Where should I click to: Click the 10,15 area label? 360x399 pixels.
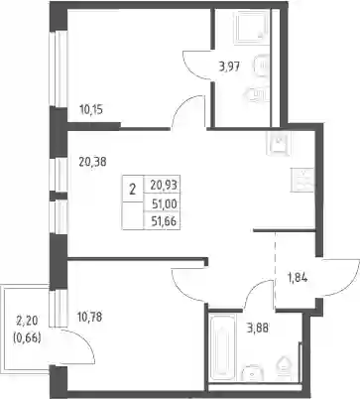91,109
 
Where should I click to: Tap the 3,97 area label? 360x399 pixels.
229,66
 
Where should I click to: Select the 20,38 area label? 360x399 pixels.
92,162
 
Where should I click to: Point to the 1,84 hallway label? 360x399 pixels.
297,278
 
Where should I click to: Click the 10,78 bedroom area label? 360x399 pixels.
89,318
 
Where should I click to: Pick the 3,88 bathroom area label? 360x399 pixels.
258,329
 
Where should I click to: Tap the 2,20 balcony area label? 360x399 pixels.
28,321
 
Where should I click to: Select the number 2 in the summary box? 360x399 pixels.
133,191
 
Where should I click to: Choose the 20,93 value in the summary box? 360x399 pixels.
165,185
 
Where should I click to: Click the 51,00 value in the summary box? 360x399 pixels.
165,204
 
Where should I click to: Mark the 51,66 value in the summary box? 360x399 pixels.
165,221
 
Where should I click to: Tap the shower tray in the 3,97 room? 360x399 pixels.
251,27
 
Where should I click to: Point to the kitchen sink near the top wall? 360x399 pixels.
279,144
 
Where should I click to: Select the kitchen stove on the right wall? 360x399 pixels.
302,180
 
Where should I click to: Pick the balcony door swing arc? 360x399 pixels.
86,340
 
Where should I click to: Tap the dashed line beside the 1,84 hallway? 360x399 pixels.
276,270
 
